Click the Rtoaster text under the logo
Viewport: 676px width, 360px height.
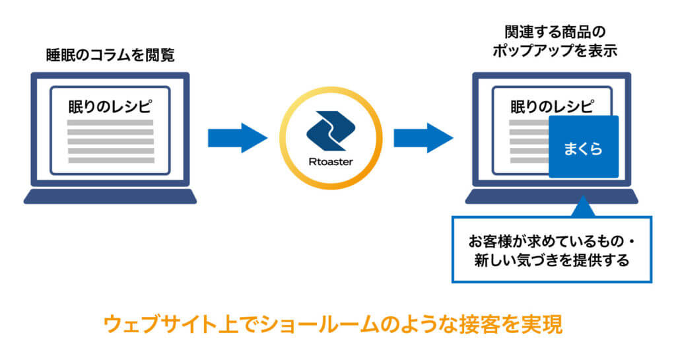331,162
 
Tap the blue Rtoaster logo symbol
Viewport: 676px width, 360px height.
331,131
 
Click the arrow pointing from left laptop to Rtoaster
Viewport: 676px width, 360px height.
238,138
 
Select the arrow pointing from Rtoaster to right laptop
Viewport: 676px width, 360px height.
423,138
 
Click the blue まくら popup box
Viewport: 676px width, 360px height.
584,147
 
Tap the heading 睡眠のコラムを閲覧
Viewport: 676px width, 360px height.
110,55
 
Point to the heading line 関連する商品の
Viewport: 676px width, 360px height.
555,32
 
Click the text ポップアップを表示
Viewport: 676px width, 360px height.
555,51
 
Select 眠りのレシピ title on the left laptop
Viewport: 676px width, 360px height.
110,106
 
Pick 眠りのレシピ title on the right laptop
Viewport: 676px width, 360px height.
553,106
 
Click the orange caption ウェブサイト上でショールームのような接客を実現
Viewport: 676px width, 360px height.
333,324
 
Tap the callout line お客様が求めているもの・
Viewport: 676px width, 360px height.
552,241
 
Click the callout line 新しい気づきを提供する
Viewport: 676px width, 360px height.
552,260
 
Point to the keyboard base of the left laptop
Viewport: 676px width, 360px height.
110,196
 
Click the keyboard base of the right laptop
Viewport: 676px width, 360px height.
551,196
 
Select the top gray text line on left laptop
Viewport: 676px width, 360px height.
110,123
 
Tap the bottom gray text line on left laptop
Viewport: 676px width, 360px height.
111,161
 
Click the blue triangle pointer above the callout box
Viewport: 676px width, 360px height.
583,206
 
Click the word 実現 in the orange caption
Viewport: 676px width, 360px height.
542,324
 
